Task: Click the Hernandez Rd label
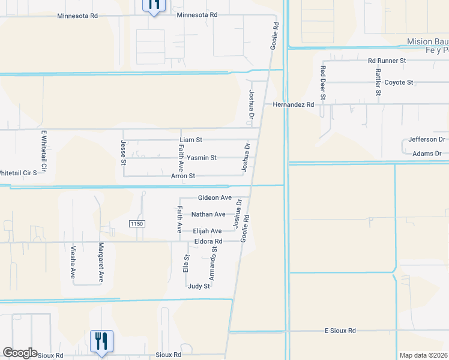click(x=293, y=104)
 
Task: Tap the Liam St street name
click(x=191, y=140)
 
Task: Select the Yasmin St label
click(x=201, y=158)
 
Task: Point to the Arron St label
click(x=183, y=176)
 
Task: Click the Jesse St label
click(x=123, y=152)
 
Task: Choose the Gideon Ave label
click(x=214, y=198)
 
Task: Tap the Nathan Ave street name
click(x=208, y=214)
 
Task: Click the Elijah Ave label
click(x=207, y=231)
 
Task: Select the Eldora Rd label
click(x=208, y=242)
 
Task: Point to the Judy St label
click(x=199, y=286)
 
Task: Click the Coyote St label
click(x=399, y=82)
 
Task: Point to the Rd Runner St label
click(x=387, y=61)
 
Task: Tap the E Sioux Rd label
click(x=340, y=331)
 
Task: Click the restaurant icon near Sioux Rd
click(x=101, y=340)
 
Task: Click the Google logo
click(x=19, y=353)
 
